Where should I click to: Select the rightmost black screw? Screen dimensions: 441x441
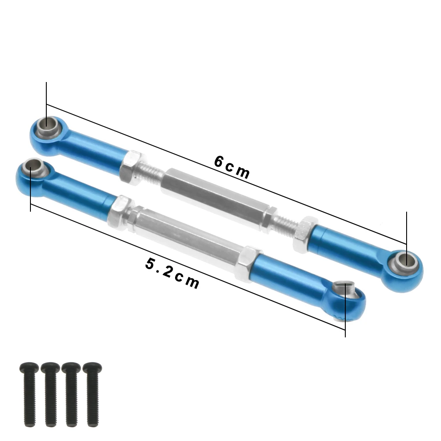(x=92, y=393)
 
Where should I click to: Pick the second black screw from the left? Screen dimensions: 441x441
(x=50, y=394)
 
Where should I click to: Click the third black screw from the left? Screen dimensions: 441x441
(x=71, y=393)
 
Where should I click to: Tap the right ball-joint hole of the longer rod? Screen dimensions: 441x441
(x=405, y=261)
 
